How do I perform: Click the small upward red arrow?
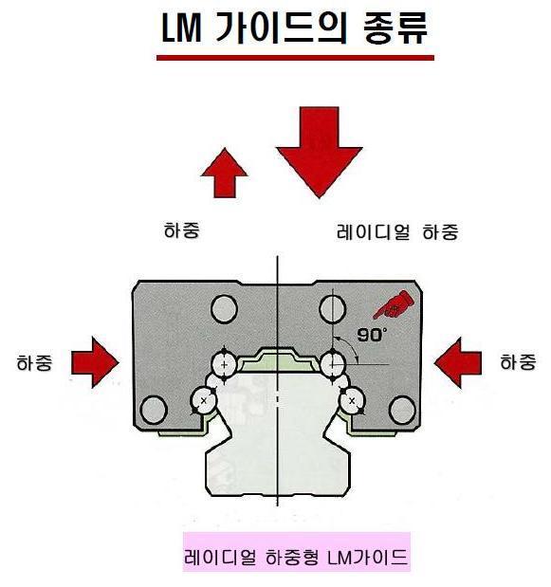tap(224, 173)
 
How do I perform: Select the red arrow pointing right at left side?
tap(95, 362)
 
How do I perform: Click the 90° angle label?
tap(371, 335)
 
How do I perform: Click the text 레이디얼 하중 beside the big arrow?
tap(397, 231)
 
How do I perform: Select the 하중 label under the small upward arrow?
tap(182, 229)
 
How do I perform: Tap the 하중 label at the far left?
tap(34, 363)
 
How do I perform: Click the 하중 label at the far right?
tap(519, 362)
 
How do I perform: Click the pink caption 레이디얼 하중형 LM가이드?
tap(296, 557)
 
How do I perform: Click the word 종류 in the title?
tap(395, 28)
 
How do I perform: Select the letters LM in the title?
tap(181, 28)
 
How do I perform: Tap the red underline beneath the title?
tap(295, 58)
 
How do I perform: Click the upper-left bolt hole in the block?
tap(224, 309)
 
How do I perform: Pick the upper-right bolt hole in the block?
tap(332, 309)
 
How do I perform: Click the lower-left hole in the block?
tap(153, 410)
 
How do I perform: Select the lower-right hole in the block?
tap(402, 410)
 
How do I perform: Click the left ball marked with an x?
tap(204, 400)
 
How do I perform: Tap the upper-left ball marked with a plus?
tap(224, 364)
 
